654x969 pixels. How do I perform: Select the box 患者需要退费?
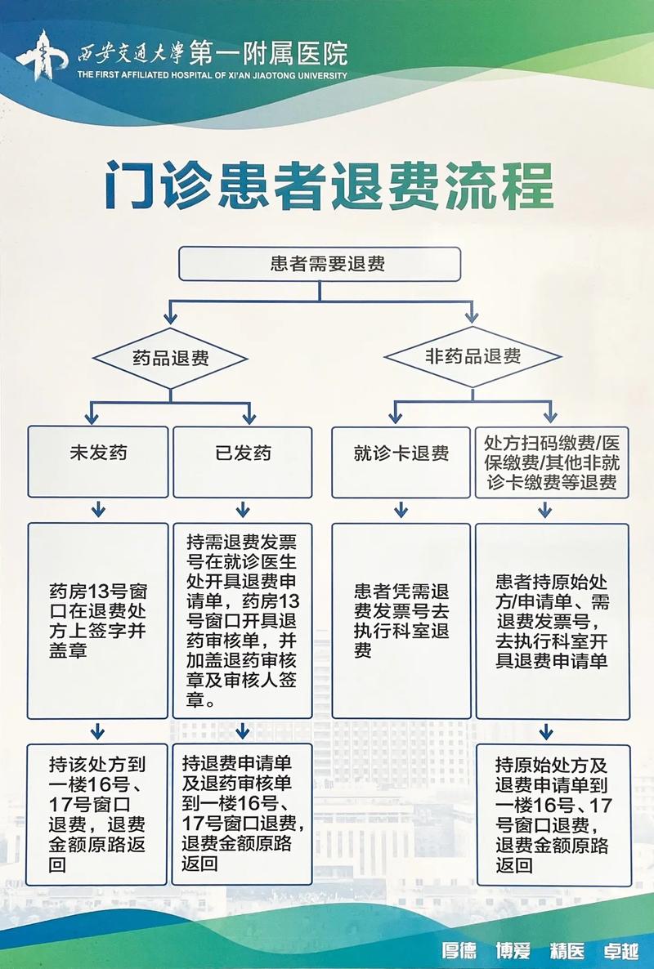point(320,264)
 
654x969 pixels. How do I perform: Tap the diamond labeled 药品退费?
point(170,358)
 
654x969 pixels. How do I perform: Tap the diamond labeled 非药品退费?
point(473,357)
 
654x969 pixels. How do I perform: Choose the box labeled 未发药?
point(97,462)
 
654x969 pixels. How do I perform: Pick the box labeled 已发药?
point(242,462)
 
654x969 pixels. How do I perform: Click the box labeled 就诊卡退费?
point(401,462)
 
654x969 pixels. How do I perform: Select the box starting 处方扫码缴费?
point(552,462)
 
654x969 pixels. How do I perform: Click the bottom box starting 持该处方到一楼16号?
point(97,814)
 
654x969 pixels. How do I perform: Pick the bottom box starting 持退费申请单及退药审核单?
point(242,814)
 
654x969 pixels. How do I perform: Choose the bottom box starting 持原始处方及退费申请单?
point(553,814)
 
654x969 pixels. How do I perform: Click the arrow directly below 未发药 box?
point(98,510)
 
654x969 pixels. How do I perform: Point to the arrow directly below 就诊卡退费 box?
point(401,510)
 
